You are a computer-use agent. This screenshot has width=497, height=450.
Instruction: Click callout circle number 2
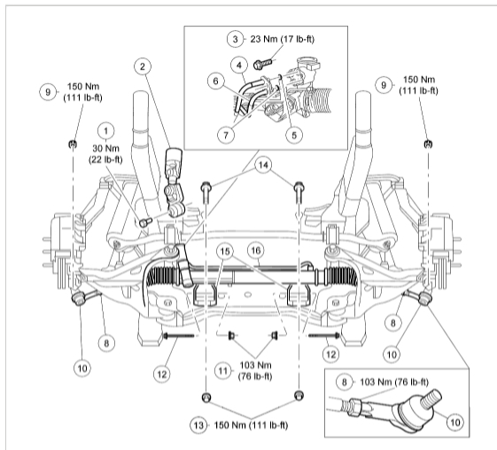[x=143, y=66]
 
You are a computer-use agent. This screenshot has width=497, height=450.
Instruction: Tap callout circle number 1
[x=105, y=131]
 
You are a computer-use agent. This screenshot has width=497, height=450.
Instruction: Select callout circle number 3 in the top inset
[x=235, y=39]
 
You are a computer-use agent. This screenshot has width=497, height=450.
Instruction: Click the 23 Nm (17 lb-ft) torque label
[x=283, y=39]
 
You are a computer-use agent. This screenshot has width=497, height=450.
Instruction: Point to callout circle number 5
[x=294, y=136]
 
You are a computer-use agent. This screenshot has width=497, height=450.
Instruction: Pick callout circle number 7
[x=226, y=136]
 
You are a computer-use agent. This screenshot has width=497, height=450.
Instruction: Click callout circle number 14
[x=263, y=165]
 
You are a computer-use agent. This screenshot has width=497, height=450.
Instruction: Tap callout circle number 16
[x=256, y=251]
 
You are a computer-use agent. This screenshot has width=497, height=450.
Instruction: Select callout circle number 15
[x=225, y=252]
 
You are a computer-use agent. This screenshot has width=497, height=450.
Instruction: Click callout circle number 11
[x=223, y=371]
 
